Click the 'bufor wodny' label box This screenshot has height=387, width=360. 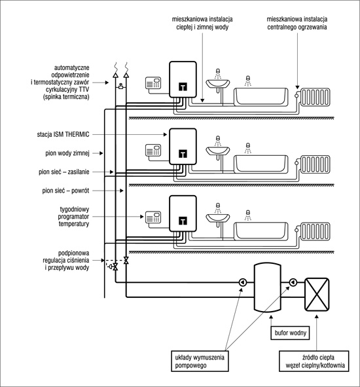(x=290, y=333)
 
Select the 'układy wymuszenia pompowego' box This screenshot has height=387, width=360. (x=200, y=361)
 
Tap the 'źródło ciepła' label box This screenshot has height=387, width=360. (x=314, y=361)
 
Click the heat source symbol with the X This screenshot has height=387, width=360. (x=317, y=295)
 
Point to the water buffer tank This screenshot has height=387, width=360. (x=268, y=287)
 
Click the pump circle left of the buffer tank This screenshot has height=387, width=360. (x=243, y=282)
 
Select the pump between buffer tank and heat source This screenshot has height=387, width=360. (x=293, y=282)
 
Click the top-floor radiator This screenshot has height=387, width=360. (x=315, y=98)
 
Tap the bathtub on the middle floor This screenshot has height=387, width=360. (x=261, y=164)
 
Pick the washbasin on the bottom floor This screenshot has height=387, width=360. (x=217, y=219)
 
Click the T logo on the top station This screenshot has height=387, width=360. (x=183, y=86)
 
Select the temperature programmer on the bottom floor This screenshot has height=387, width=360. (x=153, y=217)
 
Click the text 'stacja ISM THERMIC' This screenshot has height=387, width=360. (x=63, y=134)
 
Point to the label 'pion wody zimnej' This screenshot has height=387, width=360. (x=67, y=153)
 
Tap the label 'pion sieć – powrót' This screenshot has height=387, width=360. (x=65, y=191)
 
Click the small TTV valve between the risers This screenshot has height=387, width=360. (x=120, y=86)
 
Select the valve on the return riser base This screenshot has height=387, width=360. (x=126, y=260)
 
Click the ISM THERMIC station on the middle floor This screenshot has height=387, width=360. (x=183, y=147)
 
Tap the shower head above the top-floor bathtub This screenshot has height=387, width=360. (x=248, y=81)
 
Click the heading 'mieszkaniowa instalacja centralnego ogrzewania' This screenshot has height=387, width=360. (x=297, y=23)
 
